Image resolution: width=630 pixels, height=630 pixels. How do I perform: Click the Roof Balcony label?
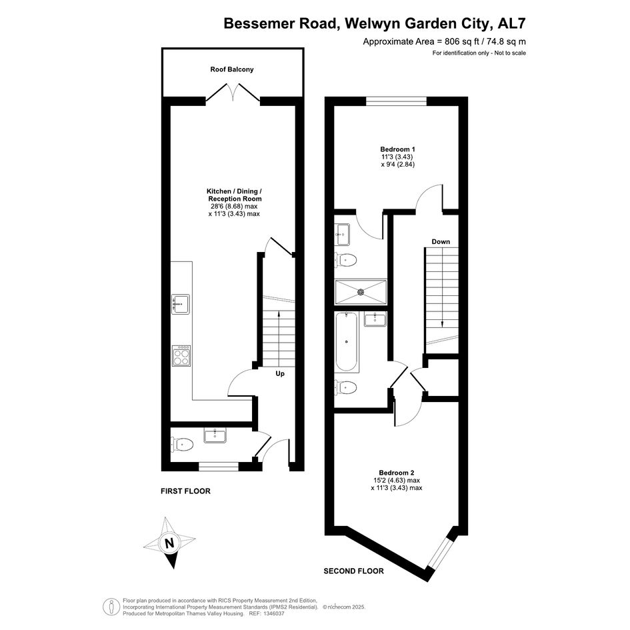click(232, 69)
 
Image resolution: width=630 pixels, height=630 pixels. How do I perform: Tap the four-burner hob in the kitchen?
click(181, 355)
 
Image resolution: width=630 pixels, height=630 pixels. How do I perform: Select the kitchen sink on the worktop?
click(181, 304)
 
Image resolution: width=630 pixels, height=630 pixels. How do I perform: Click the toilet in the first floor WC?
click(183, 445)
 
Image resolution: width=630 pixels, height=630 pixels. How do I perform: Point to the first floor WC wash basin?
click(215, 435)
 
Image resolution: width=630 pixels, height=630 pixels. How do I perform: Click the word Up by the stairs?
click(280, 373)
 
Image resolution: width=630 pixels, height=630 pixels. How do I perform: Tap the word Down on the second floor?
click(441, 241)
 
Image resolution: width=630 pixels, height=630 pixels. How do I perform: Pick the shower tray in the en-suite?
click(361, 292)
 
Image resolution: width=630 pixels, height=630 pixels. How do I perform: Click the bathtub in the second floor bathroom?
click(347, 342)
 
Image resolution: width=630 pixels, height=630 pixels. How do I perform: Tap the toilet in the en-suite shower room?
click(346, 260)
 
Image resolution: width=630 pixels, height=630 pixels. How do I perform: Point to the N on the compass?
click(169, 543)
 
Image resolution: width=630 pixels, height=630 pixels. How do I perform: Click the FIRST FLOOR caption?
click(185, 491)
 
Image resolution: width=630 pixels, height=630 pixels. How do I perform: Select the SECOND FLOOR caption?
click(353, 571)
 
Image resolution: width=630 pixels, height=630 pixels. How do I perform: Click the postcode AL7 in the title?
click(511, 23)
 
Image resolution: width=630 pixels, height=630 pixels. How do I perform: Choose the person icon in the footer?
click(111, 607)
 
